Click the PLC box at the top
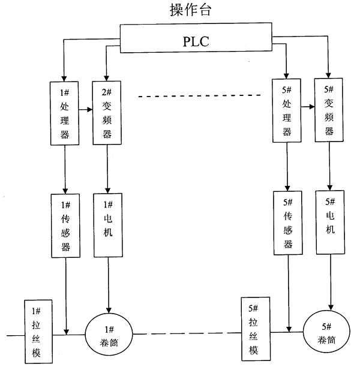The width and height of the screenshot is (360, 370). point(197,41)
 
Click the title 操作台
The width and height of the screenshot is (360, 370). point(196,10)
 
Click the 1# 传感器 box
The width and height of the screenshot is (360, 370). point(64,224)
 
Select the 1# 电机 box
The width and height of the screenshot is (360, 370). point(108,223)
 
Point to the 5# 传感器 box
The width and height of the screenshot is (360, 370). point(287,222)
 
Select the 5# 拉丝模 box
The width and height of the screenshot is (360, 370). point(253,329)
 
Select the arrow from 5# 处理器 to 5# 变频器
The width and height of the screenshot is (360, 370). point(308,107)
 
